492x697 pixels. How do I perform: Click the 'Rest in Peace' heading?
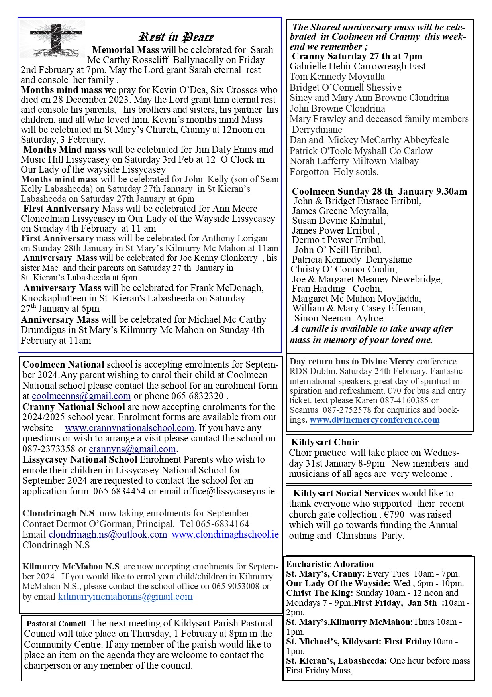[x=176, y=37]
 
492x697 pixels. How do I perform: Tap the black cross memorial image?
[x=53, y=39]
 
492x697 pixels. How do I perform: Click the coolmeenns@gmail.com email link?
[x=81, y=396]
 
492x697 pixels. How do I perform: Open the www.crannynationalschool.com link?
[x=129, y=428]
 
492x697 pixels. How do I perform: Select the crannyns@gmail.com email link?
[x=132, y=449]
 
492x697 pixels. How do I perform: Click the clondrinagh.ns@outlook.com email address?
[x=108, y=534]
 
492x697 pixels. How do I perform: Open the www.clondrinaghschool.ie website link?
[x=225, y=534]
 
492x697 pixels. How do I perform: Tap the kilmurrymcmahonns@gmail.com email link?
[x=125, y=597]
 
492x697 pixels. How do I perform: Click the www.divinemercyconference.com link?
[x=374, y=419]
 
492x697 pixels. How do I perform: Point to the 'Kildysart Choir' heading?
[x=325, y=442]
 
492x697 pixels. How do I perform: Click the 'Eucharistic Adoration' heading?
[x=330, y=564]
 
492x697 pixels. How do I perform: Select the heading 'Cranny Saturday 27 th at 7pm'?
[x=357, y=56]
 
